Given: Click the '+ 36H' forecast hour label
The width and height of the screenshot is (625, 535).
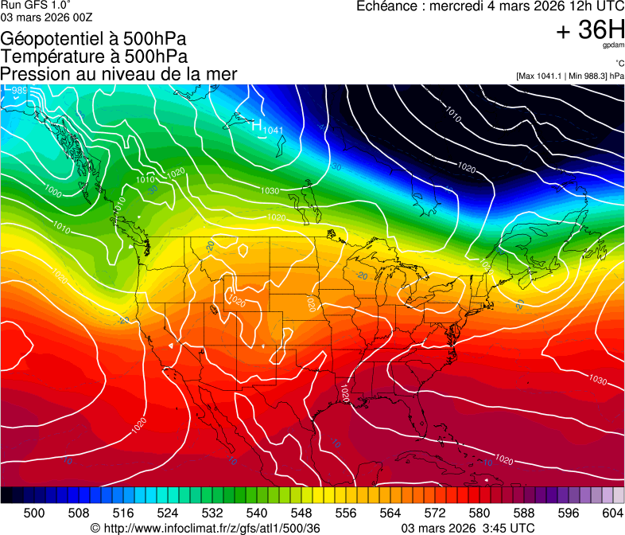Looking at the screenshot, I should point(590,30).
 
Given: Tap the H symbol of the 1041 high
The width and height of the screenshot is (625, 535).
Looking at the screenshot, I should point(257,125).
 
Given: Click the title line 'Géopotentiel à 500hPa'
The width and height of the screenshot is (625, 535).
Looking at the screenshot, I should point(94,39).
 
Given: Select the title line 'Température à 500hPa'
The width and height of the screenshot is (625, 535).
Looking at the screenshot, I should point(94,57).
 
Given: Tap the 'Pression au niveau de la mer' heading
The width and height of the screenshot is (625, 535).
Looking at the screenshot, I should point(118,74).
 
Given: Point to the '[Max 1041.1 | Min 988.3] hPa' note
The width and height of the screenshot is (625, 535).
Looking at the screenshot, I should point(569,76).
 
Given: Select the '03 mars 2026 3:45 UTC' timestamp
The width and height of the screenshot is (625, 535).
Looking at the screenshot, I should point(468,528).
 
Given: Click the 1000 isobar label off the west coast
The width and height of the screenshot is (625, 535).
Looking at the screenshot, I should point(52,191).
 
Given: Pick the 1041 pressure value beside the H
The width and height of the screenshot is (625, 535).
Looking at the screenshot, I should point(273,130).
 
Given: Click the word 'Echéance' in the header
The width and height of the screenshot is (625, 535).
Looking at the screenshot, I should point(386,6).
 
